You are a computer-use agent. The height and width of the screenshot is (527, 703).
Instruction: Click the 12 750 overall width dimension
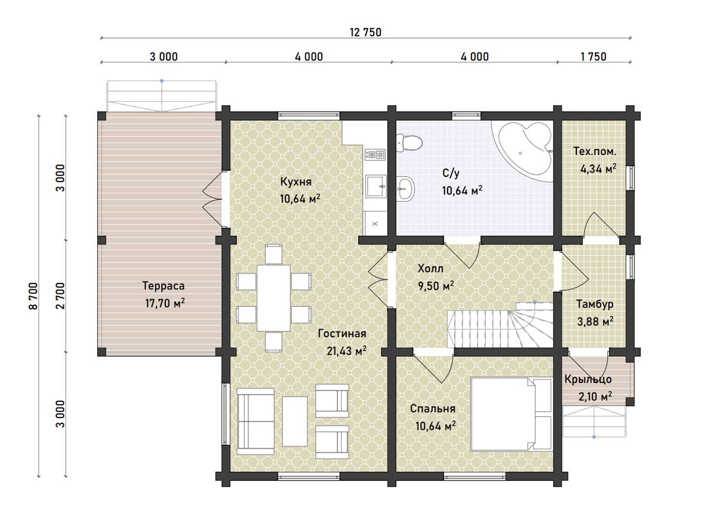366,32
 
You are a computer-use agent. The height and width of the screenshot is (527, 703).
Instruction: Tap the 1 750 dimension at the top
593,57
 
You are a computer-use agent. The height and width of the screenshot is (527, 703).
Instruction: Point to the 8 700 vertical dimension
33,296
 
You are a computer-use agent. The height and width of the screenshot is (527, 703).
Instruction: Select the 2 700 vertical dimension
60,296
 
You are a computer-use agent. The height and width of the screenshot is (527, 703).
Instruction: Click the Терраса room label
163,285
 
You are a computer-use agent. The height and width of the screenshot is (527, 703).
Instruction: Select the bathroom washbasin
405,189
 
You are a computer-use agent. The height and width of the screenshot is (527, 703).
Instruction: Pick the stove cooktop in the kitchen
375,155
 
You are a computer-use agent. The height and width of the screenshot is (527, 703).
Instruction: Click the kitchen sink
376,186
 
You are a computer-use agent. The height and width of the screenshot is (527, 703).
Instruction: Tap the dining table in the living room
274,298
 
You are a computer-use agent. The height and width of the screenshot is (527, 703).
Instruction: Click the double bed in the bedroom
512,415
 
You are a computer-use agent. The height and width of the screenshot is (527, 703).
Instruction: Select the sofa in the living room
255,422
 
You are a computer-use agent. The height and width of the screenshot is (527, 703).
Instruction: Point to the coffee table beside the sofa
295,421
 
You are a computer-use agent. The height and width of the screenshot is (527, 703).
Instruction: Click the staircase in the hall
500,326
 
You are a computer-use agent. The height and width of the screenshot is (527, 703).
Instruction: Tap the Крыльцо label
588,379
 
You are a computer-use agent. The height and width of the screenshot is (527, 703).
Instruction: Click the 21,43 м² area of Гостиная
347,351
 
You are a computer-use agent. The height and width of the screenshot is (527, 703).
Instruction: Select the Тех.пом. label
595,151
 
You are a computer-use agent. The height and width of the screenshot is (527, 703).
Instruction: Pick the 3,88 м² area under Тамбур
595,321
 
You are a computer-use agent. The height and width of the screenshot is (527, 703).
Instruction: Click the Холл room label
431,268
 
